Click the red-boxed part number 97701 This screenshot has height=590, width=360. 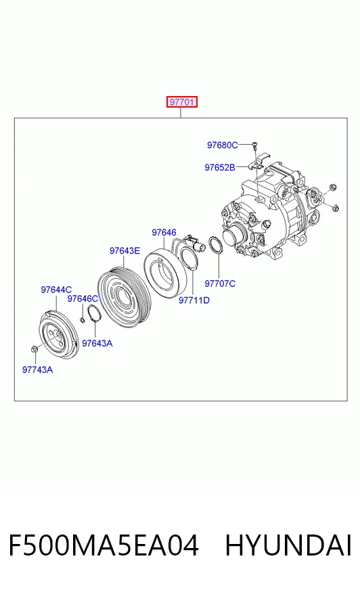pos(182,102)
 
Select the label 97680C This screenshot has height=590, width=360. pos(223,145)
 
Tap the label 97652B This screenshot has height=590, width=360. pos(220,167)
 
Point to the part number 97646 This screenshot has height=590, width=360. pos(164,233)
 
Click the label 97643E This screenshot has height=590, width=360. pos(125,250)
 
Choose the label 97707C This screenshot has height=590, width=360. pos(220,283)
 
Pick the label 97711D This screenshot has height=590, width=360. pos(194,300)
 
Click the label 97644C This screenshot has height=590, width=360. pos(56,290)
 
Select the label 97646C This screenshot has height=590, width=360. pos(83,299)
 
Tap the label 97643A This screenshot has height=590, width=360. pos(97,343)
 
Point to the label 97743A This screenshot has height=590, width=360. pos(38,370)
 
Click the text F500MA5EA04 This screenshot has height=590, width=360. pos(104,545)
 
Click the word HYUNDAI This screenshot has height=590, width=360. pos(288,545)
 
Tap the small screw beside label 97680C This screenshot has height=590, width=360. pos(254,145)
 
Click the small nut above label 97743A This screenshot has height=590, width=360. pos(33,349)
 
